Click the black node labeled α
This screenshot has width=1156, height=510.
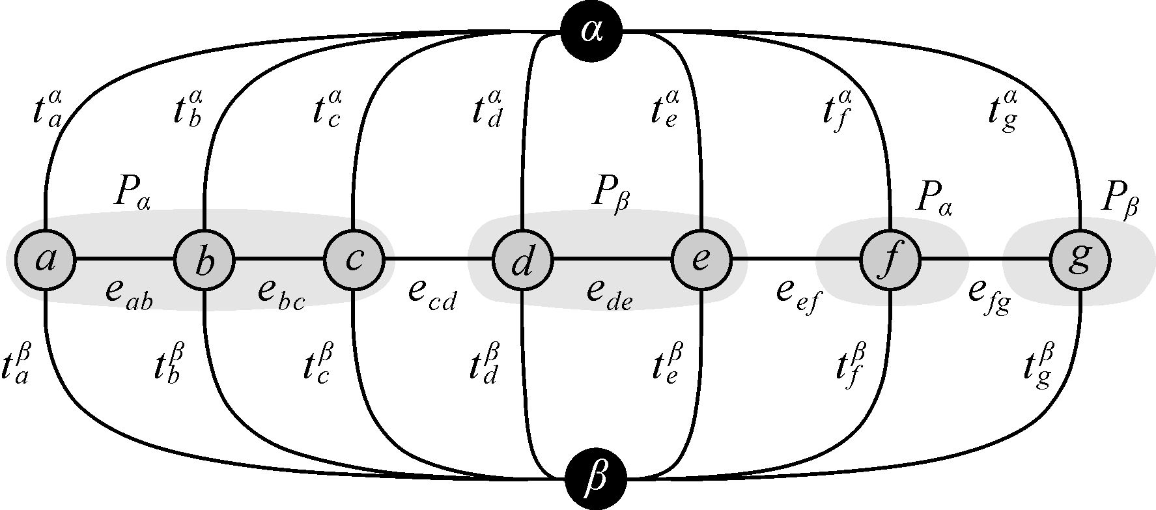click(591, 31)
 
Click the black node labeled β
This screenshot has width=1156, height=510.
click(595, 479)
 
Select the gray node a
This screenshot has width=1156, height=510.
click(46, 260)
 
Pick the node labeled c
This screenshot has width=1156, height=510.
click(354, 260)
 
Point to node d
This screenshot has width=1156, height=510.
click(522, 261)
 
